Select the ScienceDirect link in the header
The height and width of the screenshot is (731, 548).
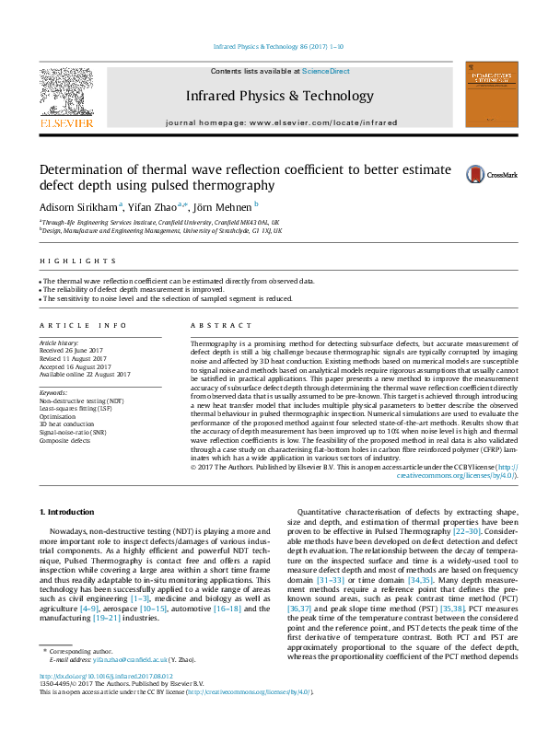pos(326,71)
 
